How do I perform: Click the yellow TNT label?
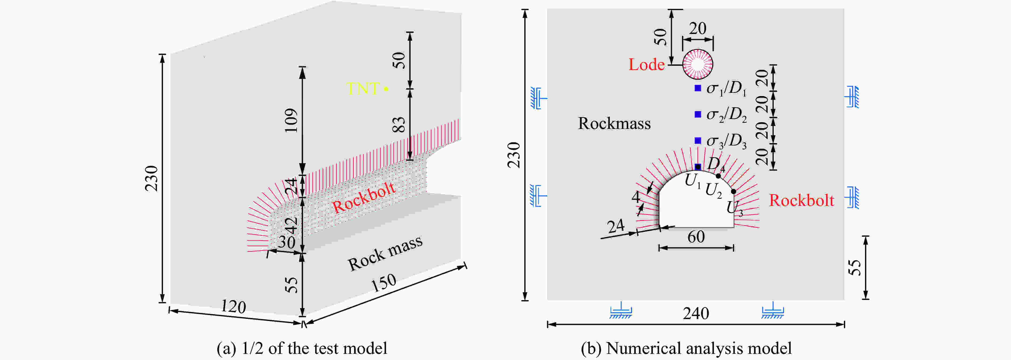pos(363,89)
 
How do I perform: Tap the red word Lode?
pos(646,65)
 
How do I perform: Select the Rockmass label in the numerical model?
pos(614,124)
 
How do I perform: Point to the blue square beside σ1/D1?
pos(698,88)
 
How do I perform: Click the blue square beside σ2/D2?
pos(698,114)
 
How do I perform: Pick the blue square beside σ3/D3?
pos(698,140)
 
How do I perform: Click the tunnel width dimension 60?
pos(696,237)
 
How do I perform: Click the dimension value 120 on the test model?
pos(233,307)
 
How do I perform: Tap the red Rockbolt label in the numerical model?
pos(801,201)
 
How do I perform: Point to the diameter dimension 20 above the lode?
pos(698,29)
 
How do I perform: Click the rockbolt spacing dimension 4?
pos(636,196)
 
